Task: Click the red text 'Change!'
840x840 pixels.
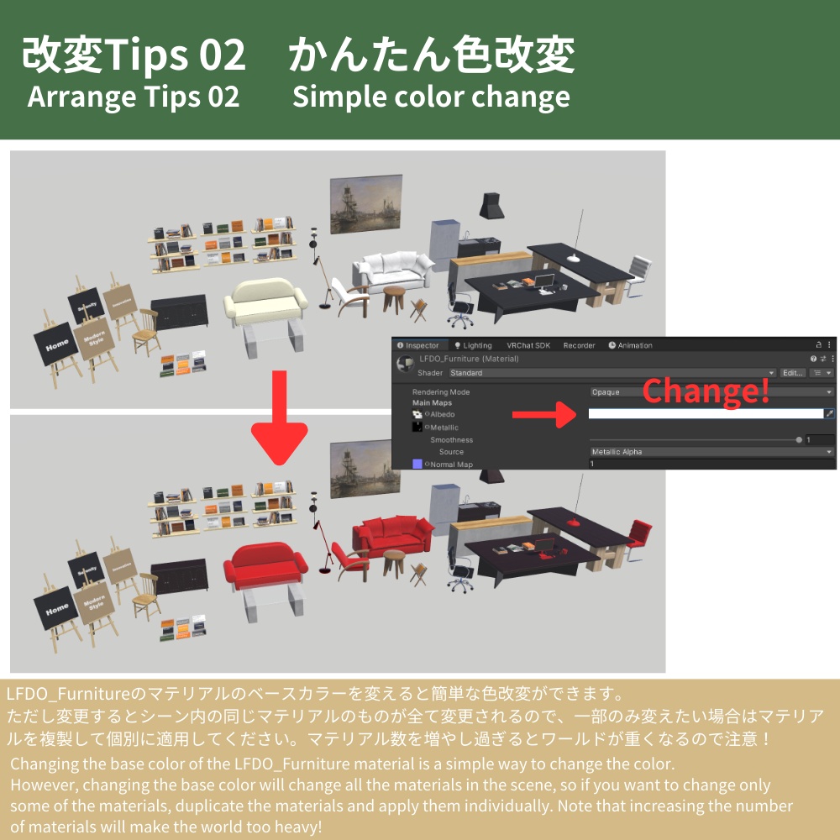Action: click(x=706, y=391)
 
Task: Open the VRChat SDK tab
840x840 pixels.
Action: click(x=528, y=345)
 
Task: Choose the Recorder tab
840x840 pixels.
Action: click(x=579, y=345)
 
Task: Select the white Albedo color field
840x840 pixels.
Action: click(x=705, y=413)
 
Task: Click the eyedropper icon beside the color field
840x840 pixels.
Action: click(x=829, y=413)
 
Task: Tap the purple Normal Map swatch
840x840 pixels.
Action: click(x=417, y=464)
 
